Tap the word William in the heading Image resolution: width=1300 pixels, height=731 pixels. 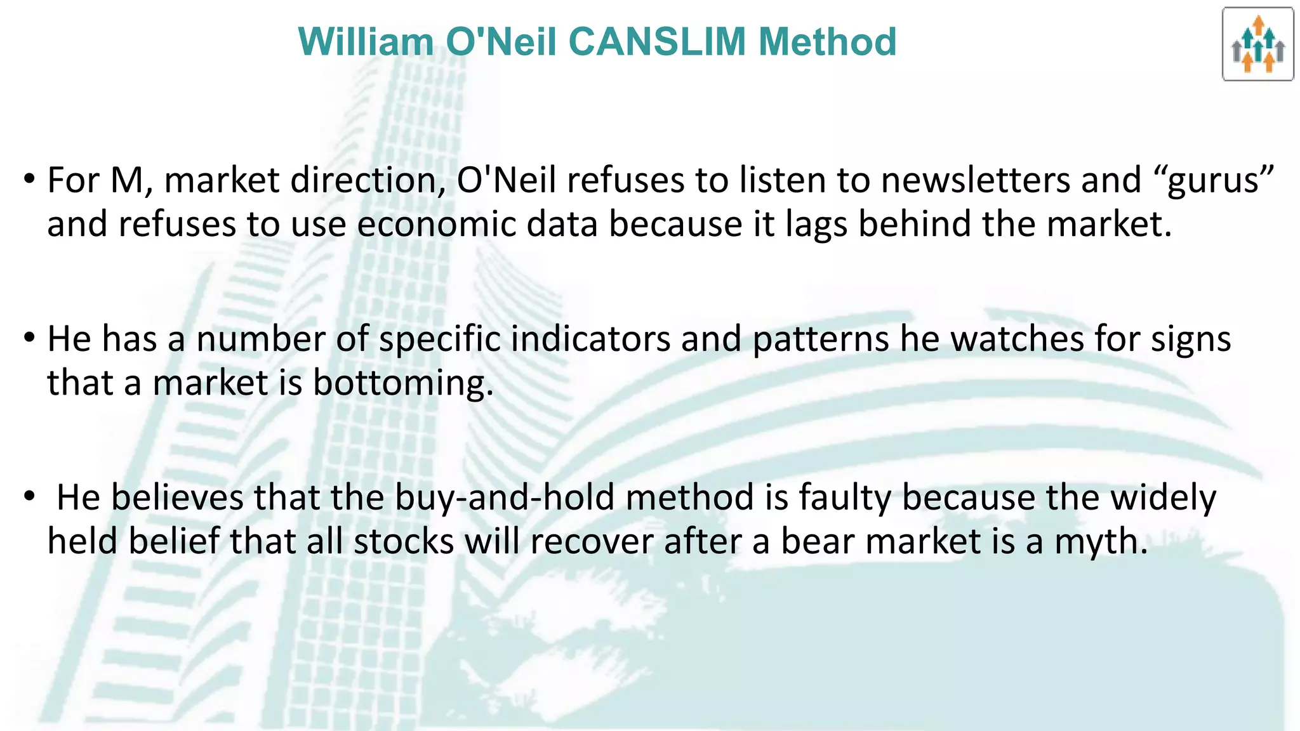[366, 42]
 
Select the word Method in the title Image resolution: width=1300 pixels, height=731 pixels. [827, 42]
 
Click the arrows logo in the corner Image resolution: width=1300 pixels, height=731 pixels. [1257, 44]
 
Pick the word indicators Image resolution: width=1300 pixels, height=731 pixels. [590, 339]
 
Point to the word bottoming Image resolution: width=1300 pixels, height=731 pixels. [403, 385]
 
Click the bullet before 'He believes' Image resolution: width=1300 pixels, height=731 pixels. [29, 496]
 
